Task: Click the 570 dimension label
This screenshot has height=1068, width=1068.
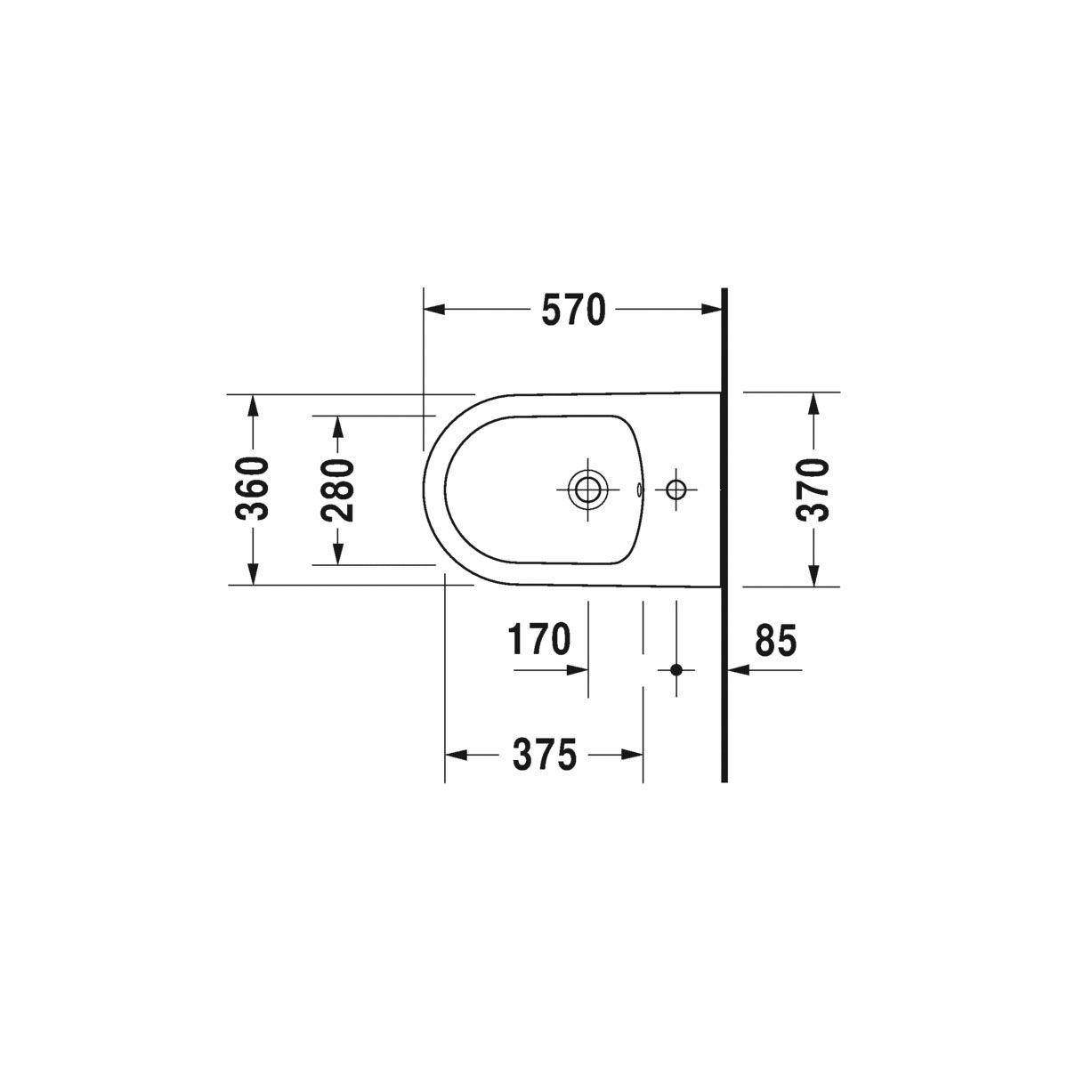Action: pyautogui.click(x=574, y=310)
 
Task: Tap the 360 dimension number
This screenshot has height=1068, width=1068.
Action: pyautogui.click(x=252, y=489)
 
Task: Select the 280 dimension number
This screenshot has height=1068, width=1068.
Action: pyautogui.click(x=337, y=489)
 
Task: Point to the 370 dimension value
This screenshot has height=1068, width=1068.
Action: pyautogui.click(x=813, y=489)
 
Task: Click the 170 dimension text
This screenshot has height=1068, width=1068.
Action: pyautogui.click(x=539, y=639)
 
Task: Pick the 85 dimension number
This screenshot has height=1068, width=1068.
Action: pyautogui.click(x=775, y=640)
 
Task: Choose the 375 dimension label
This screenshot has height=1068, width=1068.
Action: pyautogui.click(x=545, y=755)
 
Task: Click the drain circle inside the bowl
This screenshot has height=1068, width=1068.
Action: pyautogui.click(x=587, y=489)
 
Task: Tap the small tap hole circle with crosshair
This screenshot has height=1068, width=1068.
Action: pyautogui.click(x=676, y=489)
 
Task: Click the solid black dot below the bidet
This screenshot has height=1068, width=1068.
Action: pyautogui.click(x=676, y=670)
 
